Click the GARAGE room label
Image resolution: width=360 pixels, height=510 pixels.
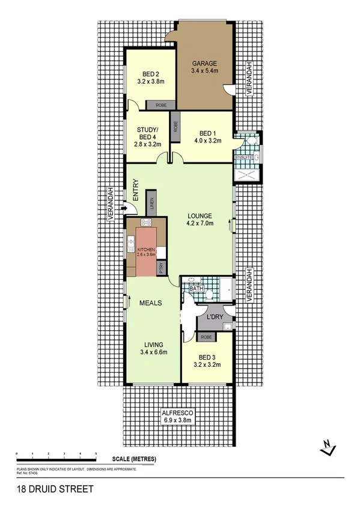[x=204, y=63]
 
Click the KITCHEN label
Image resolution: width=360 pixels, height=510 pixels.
[x=147, y=249]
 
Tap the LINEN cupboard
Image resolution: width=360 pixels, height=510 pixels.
[x=152, y=205]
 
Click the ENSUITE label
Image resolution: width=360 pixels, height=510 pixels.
[x=243, y=157]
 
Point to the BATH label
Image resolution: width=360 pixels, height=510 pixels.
[x=197, y=289]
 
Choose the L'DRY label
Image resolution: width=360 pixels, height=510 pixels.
[x=215, y=317]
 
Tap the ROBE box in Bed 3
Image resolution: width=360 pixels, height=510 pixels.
[x=206, y=337]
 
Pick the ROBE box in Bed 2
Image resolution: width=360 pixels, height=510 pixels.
[x=160, y=105]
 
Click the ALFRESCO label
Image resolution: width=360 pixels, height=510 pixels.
[x=177, y=413]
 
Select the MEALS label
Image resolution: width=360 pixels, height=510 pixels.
[x=150, y=304]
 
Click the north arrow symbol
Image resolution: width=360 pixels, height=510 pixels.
[x=328, y=447]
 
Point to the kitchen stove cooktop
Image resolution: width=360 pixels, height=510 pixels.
[x=145, y=223]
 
